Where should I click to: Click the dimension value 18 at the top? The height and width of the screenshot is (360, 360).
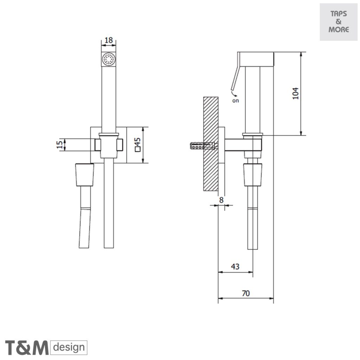pos(109,40)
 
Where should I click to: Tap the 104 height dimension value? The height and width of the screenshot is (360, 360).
pos(296,93)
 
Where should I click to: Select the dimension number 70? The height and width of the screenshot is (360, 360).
pos(246,293)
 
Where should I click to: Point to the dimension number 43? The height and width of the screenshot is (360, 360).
pos(235,266)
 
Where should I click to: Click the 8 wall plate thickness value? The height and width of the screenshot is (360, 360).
pos(221,200)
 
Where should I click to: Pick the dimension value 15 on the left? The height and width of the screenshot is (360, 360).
pos(60,144)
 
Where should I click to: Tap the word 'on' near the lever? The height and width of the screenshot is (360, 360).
pos(235,101)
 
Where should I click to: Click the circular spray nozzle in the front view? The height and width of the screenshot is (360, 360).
pos(109,59)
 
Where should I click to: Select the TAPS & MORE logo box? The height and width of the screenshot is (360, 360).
pos(338,22)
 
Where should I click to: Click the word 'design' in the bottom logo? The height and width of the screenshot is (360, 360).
pos(69,348)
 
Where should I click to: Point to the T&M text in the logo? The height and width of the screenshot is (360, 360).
pos(26,348)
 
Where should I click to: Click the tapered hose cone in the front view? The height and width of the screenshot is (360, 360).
pos(85,174)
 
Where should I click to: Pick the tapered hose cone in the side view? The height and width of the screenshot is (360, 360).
pos(253,175)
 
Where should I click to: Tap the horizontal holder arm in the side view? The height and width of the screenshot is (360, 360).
pos(239,145)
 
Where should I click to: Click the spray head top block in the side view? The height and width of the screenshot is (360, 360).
pos(256,59)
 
